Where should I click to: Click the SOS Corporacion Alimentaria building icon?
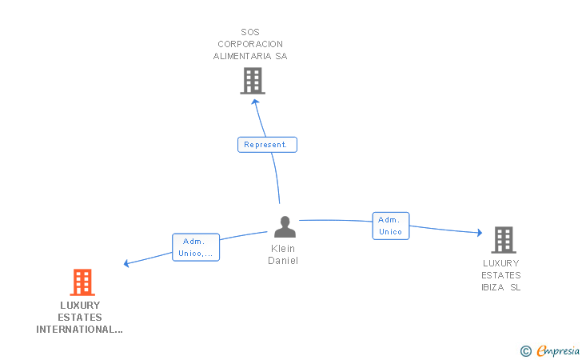pos(253,81)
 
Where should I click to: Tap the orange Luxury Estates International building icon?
pos(82,282)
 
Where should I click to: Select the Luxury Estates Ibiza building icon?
pos(503,239)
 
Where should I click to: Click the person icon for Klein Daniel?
pos(285,227)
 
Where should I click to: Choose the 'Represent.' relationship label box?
pos(267,145)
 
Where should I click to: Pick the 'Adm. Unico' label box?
pos(391,226)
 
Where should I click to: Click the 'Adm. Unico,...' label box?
pos(196,247)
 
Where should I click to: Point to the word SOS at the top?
pos(249,33)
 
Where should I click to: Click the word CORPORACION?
pos(250,45)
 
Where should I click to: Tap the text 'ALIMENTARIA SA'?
pos(250,57)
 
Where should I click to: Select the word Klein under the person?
pos(283,249)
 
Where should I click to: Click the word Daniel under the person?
pos(283,261)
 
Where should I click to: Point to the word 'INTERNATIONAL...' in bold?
pos(79,329)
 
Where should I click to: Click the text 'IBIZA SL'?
pos(501,287)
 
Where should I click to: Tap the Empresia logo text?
pos(559,350)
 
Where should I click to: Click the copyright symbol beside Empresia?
pos(526,350)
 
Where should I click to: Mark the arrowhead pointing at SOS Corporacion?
pos(254,102)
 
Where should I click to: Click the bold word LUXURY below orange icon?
pos(80,305)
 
